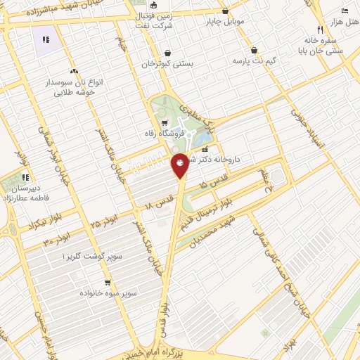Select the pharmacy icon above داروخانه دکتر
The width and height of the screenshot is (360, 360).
point(205,150)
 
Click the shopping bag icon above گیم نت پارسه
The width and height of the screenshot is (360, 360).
point(254,51)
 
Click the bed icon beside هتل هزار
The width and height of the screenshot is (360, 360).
point(344,11)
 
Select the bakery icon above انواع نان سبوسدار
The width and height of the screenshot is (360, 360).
point(73,71)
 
